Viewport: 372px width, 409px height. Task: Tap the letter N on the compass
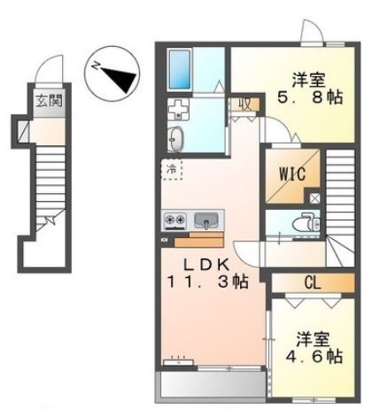[97, 65]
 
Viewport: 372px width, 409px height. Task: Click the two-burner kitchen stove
[173, 219]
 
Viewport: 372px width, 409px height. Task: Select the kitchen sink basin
[205, 219]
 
